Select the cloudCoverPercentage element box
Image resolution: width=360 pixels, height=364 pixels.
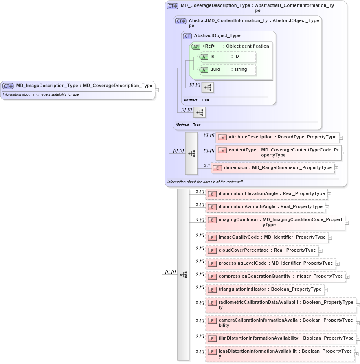[263, 250]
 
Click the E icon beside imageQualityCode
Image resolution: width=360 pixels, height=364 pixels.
[212, 237]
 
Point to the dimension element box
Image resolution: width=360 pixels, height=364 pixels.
[273, 168]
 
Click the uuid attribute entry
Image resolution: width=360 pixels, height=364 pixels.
[228, 70]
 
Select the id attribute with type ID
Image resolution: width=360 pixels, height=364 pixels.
[228, 57]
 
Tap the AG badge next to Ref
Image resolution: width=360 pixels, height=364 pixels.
[196, 46]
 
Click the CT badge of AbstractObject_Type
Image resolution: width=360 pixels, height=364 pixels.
[187, 36]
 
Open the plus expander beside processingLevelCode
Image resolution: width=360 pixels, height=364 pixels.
[338, 264]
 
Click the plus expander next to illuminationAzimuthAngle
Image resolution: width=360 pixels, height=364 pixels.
[327, 207]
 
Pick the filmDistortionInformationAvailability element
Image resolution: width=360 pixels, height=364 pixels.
[281, 338]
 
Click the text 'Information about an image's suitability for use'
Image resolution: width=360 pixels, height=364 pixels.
[41, 94]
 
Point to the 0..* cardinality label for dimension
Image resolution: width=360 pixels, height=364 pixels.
[207, 166]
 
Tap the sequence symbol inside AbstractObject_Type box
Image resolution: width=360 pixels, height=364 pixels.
[208, 87]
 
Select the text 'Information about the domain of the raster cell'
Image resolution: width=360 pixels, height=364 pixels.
[205, 182]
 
